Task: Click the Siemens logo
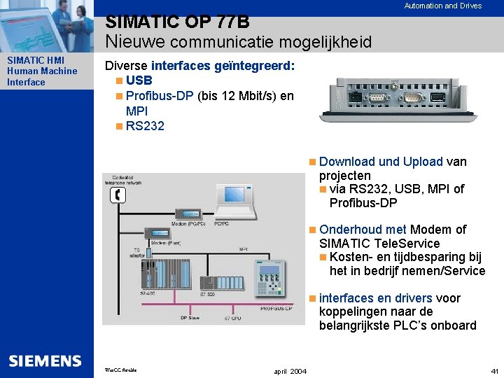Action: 45,360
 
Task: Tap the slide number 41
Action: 495,370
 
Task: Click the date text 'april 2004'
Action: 289,370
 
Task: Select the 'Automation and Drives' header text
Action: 442,6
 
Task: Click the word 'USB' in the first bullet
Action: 139,80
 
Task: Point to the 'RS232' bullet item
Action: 145,126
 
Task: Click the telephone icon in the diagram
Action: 118,195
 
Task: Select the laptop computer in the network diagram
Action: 229,202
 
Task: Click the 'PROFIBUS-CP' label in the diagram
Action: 278,308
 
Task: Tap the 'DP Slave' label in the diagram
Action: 190,318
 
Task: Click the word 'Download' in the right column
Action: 346,162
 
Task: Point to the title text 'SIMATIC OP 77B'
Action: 177,23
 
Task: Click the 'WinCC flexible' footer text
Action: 120,370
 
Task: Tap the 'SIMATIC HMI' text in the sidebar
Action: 35,60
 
